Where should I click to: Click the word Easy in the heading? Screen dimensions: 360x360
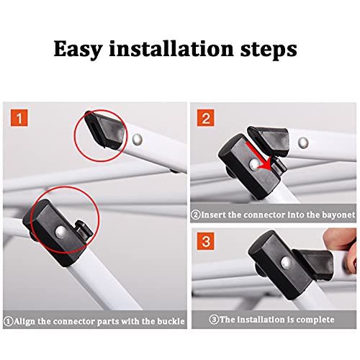click(x=78, y=50)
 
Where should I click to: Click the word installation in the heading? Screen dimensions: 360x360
click(x=171, y=48)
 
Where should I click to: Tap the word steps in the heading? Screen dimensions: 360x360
click(x=269, y=50)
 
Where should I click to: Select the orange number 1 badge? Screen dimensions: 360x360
click(x=19, y=118)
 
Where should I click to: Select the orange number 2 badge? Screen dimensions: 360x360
click(x=206, y=118)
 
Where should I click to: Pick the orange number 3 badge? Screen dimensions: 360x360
click(x=206, y=241)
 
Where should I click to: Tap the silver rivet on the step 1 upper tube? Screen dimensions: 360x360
click(x=138, y=140)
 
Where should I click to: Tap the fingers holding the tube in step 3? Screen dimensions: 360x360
click(x=341, y=247)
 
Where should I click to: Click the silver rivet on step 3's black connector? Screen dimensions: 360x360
click(x=286, y=262)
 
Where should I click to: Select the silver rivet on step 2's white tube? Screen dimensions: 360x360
click(x=303, y=143)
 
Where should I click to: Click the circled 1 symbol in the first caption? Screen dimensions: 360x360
click(x=9, y=322)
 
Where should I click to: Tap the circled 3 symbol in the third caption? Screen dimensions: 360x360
click(x=214, y=320)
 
